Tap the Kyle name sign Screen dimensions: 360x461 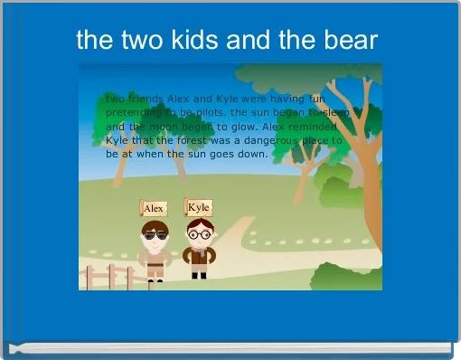(x=199, y=207)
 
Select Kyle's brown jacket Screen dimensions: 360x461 (x=198, y=256)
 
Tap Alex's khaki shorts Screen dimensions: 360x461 (x=155, y=269)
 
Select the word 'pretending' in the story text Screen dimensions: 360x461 (x=134, y=112)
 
